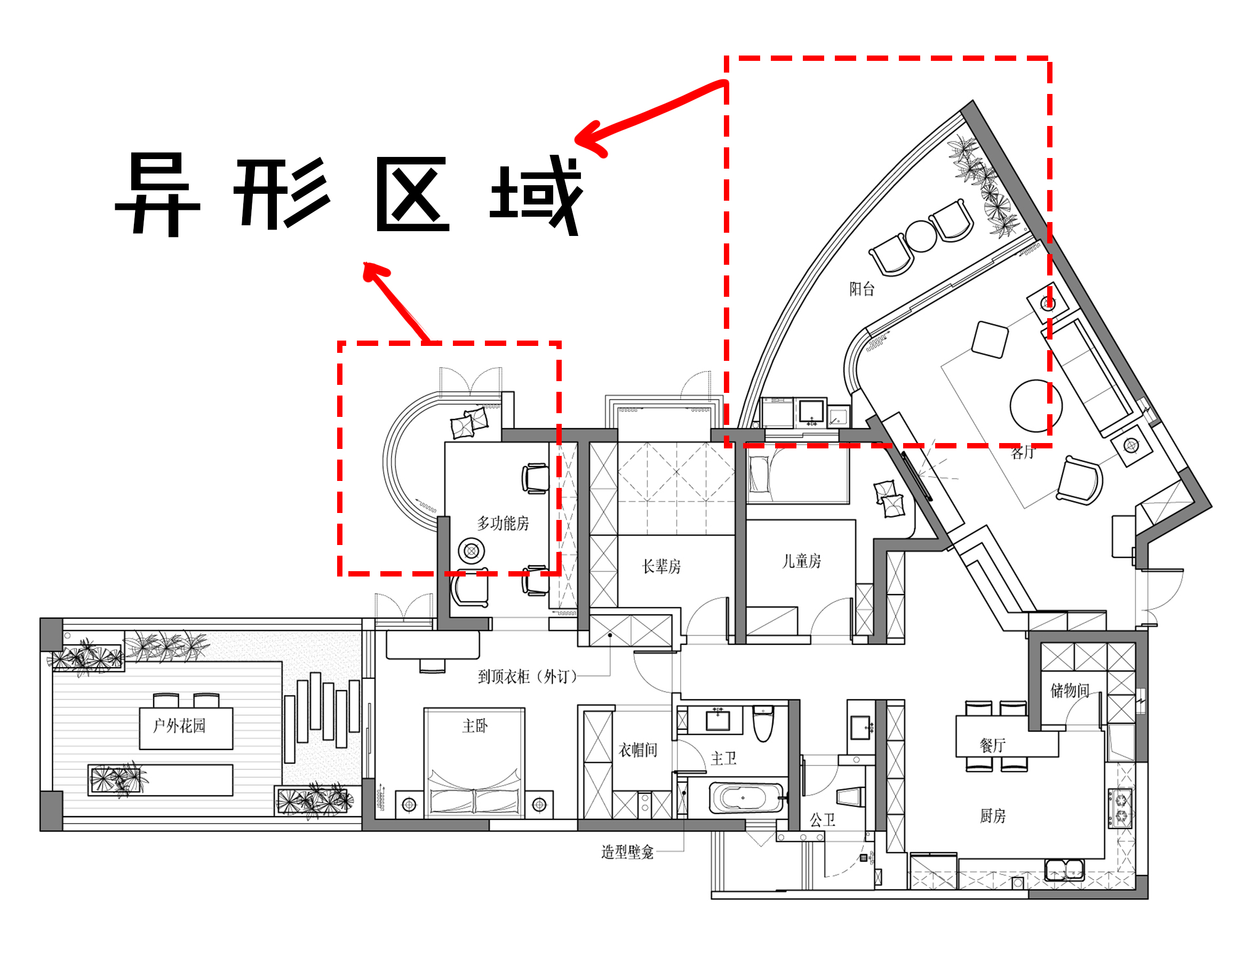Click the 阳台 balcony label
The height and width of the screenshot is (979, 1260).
tap(862, 289)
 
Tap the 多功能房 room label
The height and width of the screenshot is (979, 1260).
tap(503, 524)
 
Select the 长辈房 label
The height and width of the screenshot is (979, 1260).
tap(661, 566)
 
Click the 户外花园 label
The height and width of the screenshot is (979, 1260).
tap(179, 725)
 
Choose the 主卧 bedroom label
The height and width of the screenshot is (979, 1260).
tap(475, 725)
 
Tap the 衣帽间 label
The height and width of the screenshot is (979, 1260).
tap(637, 750)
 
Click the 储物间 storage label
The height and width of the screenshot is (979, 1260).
tap(1070, 690)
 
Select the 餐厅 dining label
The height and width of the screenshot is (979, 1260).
tap(992, 745)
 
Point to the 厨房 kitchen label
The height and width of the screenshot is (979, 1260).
tap(992, 816)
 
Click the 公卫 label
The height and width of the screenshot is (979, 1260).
tap(822, 820)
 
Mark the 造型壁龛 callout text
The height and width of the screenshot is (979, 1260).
tap(627, 852)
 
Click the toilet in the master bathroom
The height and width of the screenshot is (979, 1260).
tap(763, 725)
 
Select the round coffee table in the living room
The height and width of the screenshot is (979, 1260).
tap(1035, 406)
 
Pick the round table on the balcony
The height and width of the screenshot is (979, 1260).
tap(920, 236)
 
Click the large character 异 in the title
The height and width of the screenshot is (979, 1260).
tap(157, 193)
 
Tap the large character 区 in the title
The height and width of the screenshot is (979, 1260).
tap(412, 194)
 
